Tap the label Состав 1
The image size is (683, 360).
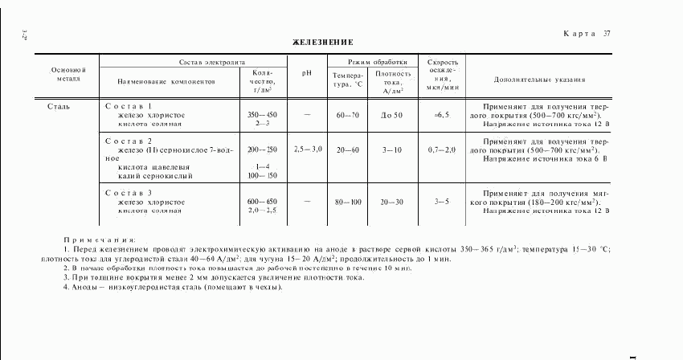(x=129, y=106)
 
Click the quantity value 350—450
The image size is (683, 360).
(x=262, y=116)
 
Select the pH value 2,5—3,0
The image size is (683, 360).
(x=307, y=149)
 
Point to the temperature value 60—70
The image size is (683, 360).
(x=348, y=116)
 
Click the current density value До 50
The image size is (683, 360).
(x=392, y=116)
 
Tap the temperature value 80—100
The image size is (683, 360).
(x=348, y=202)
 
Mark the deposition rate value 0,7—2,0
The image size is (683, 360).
(x=441, y=149)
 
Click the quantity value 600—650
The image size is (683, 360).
(x=262, y=202)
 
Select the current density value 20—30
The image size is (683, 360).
(x=392, y=202)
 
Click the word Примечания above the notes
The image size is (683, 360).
(x=100, y=239)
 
